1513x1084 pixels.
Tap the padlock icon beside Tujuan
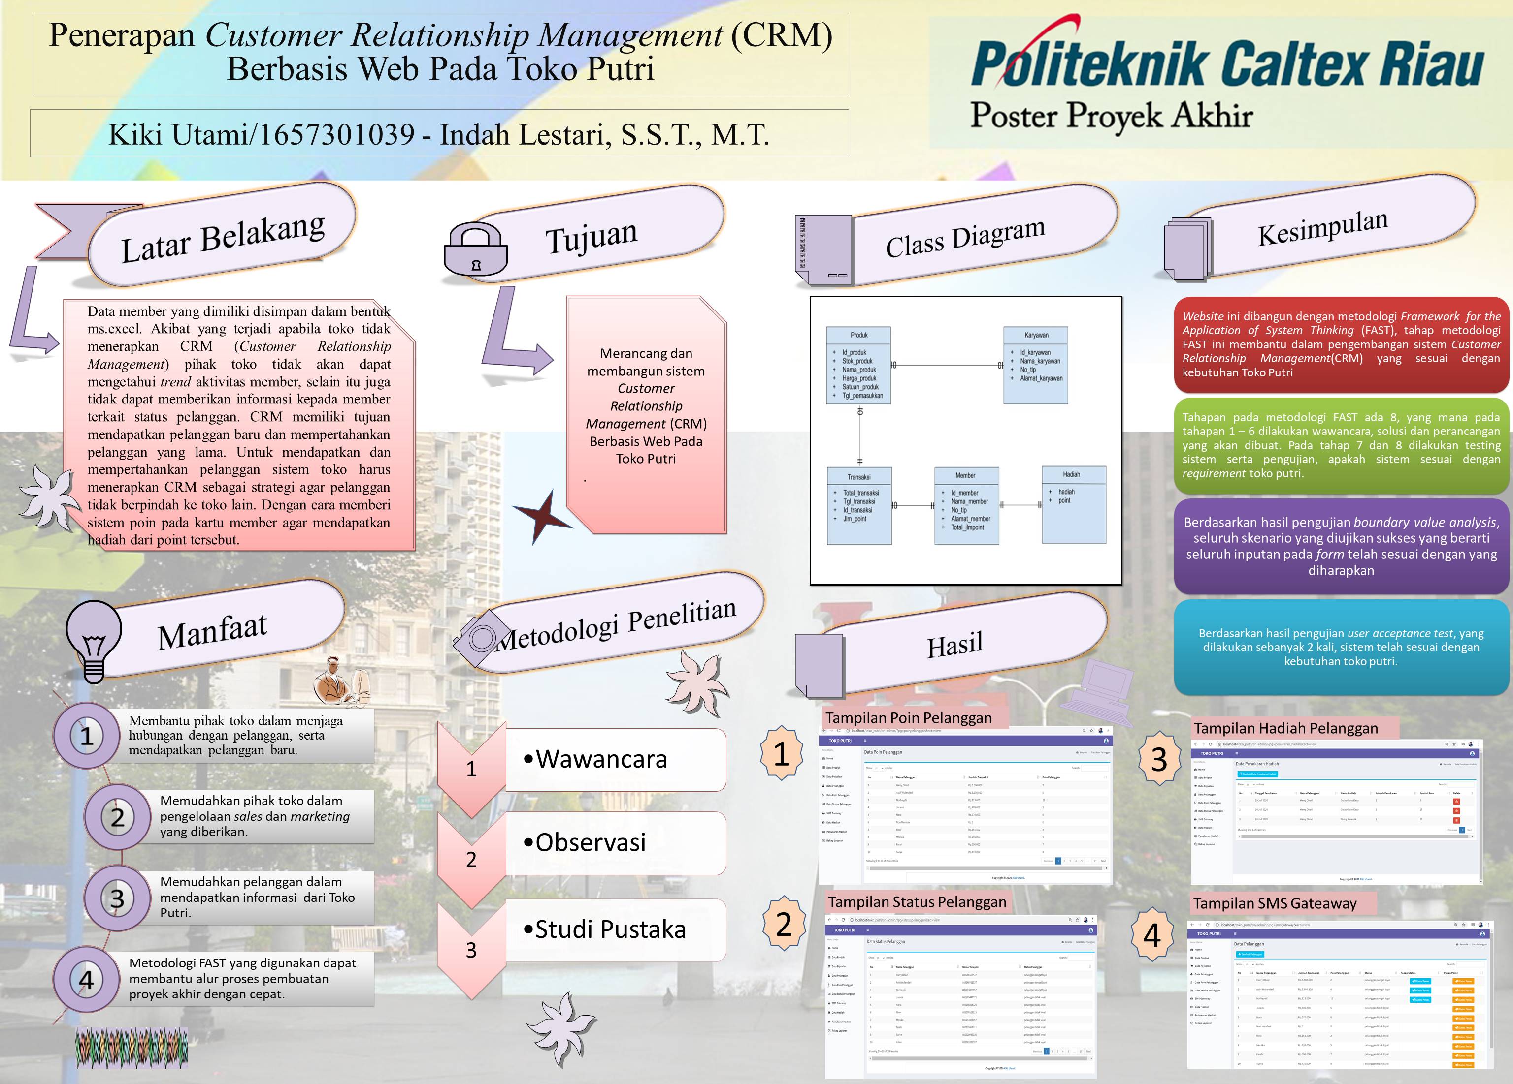coord(476,249)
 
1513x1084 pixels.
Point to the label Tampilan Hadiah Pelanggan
coord(1285,728)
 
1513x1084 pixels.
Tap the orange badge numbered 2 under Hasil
coord(784,924)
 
